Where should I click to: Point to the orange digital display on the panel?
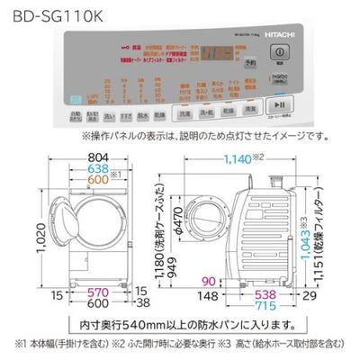point(213,55)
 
